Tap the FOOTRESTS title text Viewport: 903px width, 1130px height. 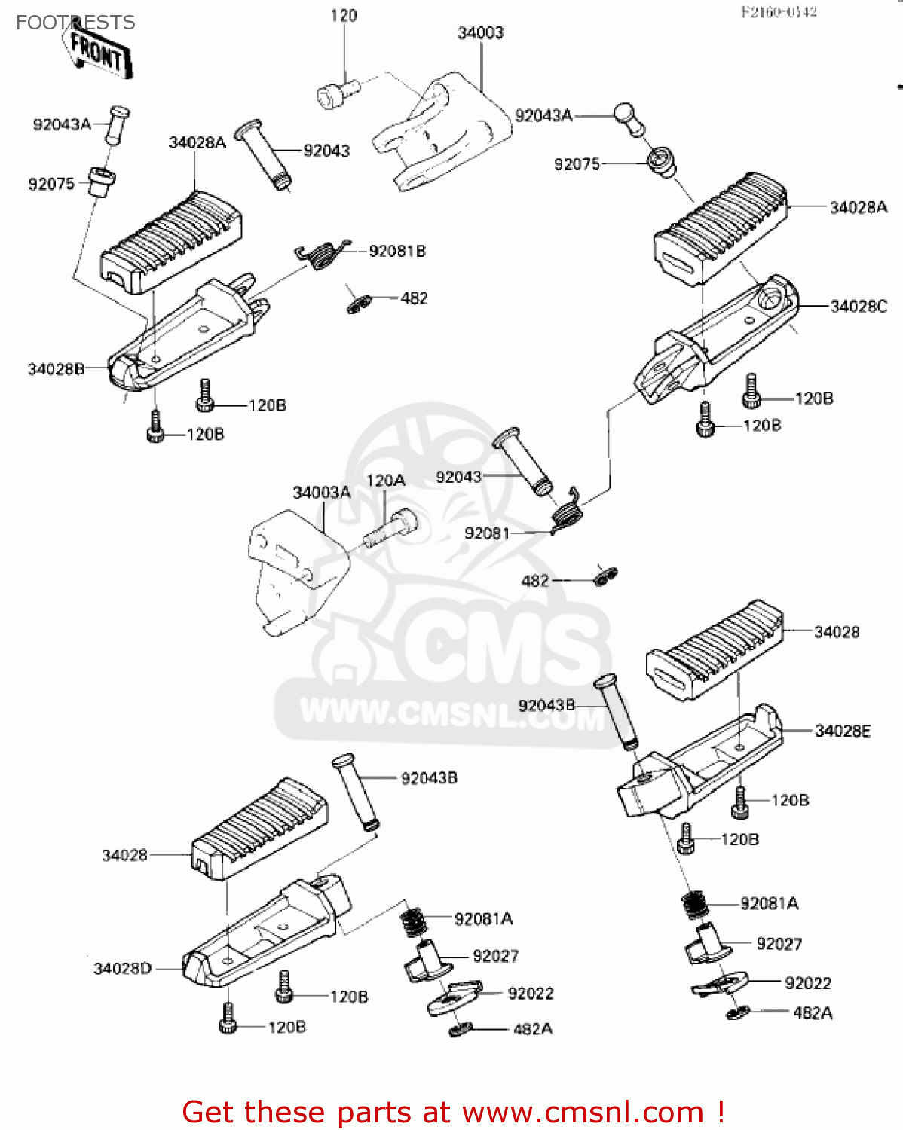point(75,23)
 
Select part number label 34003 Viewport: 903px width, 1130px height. point(480,33)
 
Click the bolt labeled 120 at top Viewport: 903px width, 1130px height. point(335,94)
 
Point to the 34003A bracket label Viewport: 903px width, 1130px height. point(322,493)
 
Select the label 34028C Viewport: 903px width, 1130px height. point(859,307)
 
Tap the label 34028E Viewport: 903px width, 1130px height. point(843,731)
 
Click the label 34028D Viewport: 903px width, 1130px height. point(122,968)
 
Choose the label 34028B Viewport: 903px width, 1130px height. point(56,369)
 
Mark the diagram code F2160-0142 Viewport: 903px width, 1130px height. point(779,12)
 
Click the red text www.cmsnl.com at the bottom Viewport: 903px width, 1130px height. point(582,1112)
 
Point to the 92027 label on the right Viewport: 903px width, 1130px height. point(779,944)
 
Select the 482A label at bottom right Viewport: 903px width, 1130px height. point(813,1013)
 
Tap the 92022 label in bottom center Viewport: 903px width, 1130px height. point(531,994)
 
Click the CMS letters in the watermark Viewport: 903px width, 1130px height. point(497,648)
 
